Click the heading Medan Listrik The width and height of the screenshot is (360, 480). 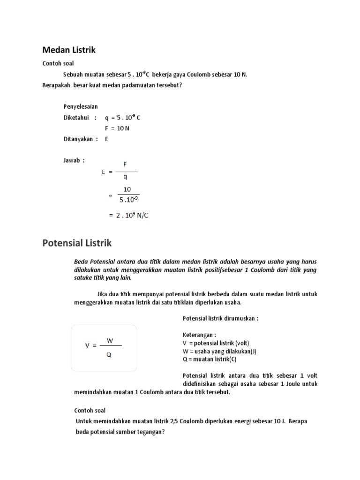[x=69, y=50]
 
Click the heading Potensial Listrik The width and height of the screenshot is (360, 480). [x=77, y=243]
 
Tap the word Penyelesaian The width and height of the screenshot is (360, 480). [x=81, y=107]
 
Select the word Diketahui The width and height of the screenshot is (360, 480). [x=76, y=118]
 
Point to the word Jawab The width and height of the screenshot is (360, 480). [x=72, y=160]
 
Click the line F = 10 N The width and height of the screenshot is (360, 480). [x=114, y=128]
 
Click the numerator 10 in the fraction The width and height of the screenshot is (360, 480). [x=127, y=189]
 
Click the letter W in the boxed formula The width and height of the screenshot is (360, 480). [x=110, y=340]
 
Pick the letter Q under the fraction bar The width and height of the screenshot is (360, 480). [x=109, y=355]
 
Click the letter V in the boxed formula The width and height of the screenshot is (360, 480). [x=87, y=345]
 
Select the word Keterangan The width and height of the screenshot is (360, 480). [x=199, y=335]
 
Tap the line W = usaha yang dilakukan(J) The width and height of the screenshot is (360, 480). [x=219, y=352]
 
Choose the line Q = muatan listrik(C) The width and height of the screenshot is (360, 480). [x=210, y=360]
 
